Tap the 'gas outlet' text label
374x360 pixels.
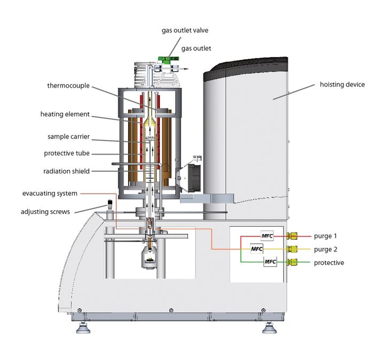197,48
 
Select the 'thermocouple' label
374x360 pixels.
68,86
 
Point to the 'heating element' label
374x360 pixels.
65,114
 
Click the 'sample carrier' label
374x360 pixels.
67,137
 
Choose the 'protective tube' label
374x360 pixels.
67,154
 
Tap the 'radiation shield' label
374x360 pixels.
67,171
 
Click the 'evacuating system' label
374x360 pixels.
50,193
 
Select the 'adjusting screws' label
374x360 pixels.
45,211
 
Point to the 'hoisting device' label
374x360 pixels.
342,85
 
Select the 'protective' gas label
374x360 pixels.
329,263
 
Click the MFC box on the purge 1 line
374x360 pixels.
267,236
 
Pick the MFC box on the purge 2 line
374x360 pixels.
257,249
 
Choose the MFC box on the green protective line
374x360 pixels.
271,262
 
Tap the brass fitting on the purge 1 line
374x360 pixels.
292,236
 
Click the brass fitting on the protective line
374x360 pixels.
292,262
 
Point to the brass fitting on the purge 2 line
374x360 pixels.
292,249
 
